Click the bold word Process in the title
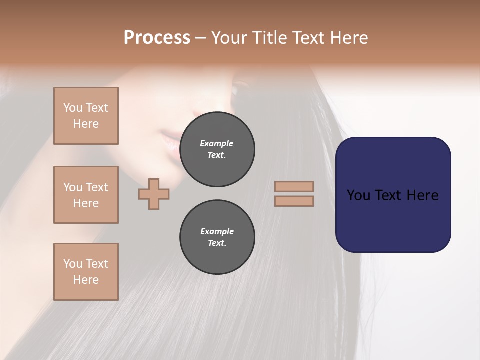(157, 38)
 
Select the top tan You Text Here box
(86, 116)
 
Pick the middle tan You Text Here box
(86, 195)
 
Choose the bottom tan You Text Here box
(86, 272)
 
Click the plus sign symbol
(154, 194)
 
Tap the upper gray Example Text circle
(217, 149)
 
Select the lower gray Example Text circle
(217, 237)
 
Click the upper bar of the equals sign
(294, 186)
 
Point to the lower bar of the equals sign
(294, 201)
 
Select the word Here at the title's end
(348, 38)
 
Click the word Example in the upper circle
(217, 143)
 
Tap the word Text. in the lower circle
(217, 243)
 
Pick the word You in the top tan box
(73, 108)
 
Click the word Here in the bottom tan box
(86, 280)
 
